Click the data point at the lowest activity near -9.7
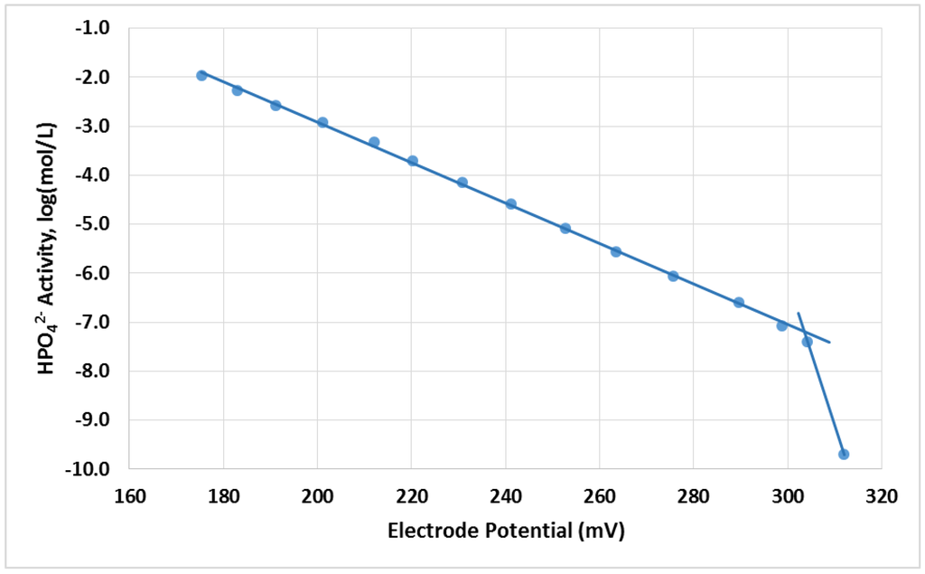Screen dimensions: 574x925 pos(844,454)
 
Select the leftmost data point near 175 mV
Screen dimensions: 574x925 pos(201,75)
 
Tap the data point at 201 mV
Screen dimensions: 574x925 pos(322,122)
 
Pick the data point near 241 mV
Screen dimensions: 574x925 pos(510,203)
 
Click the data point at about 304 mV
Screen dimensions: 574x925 pos(807,341)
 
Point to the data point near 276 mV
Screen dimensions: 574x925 pos(673,276)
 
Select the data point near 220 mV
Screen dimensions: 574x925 pos(412,160)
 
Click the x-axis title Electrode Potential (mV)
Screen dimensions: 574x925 pos(506,531)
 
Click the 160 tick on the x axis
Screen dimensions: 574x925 pos(129,495)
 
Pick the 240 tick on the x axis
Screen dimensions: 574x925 pos(505,495)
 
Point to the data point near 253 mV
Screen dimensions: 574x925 pos(565,228)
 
